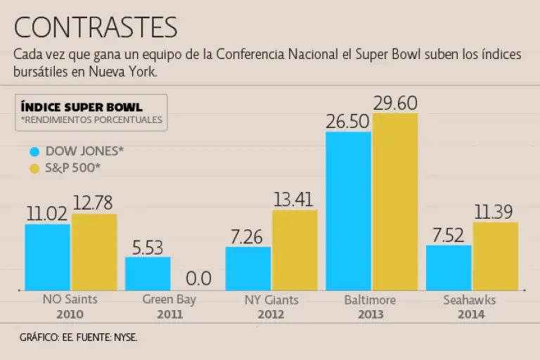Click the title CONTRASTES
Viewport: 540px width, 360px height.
(96, 27)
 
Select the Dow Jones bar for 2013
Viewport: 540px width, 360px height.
(349, 211)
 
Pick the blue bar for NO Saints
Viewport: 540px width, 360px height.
(47, 257)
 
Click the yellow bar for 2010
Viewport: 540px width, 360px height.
(94, 252)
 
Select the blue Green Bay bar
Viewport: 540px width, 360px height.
(148, 274)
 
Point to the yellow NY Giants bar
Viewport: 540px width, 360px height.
(295, 250)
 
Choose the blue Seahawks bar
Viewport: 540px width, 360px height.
(449, 267)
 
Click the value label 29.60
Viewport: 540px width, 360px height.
(395, 103)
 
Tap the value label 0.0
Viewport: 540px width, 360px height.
(199, 278)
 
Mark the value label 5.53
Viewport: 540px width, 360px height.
(148, 247)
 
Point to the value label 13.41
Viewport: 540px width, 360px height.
(295, 200)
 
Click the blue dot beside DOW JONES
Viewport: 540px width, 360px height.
(34, 151)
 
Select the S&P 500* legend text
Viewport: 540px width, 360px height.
(72, 168)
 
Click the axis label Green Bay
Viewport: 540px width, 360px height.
(169, 300)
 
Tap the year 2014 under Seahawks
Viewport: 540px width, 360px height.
(470, 314)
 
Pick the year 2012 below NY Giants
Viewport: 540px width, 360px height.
(270, 314)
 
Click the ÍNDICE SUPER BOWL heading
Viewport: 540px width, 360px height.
(82, 107)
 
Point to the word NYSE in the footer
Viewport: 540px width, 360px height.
(124, 338)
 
